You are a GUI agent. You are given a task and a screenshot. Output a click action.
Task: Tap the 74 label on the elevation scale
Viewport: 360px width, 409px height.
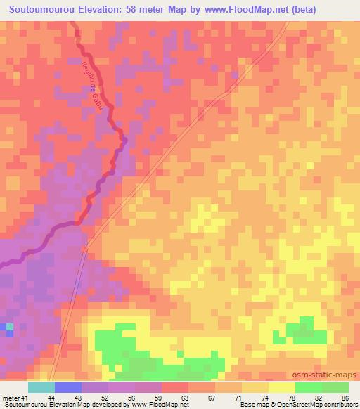pyautogui.click(x=255, y=397)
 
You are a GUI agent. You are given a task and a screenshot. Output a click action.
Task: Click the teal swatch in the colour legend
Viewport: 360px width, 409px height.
pyautogui.click(x=41, y=387)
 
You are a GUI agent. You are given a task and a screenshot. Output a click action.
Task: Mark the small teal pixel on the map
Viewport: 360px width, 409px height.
pyautogui.click(x=9, y=327)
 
